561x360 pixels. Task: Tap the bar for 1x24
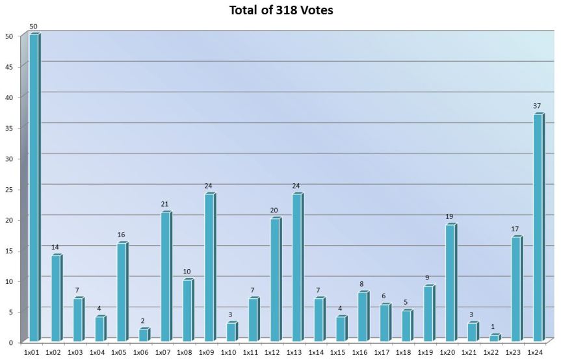537,227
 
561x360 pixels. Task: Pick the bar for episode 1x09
209,267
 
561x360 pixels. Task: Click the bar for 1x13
296,267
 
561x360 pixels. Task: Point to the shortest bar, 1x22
493,338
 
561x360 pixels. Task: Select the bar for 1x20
450,283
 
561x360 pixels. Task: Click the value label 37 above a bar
537,106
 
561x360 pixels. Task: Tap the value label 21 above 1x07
165,204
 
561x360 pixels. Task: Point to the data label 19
450,216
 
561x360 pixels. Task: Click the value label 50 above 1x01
34,27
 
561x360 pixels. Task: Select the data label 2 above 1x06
143,321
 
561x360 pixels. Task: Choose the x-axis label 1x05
119,352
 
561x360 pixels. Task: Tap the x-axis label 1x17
382,352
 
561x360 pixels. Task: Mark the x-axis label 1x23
513,352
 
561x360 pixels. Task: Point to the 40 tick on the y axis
8,97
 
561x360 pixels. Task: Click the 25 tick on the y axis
8,189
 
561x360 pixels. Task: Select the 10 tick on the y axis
8,281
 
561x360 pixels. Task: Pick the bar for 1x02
56,298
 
